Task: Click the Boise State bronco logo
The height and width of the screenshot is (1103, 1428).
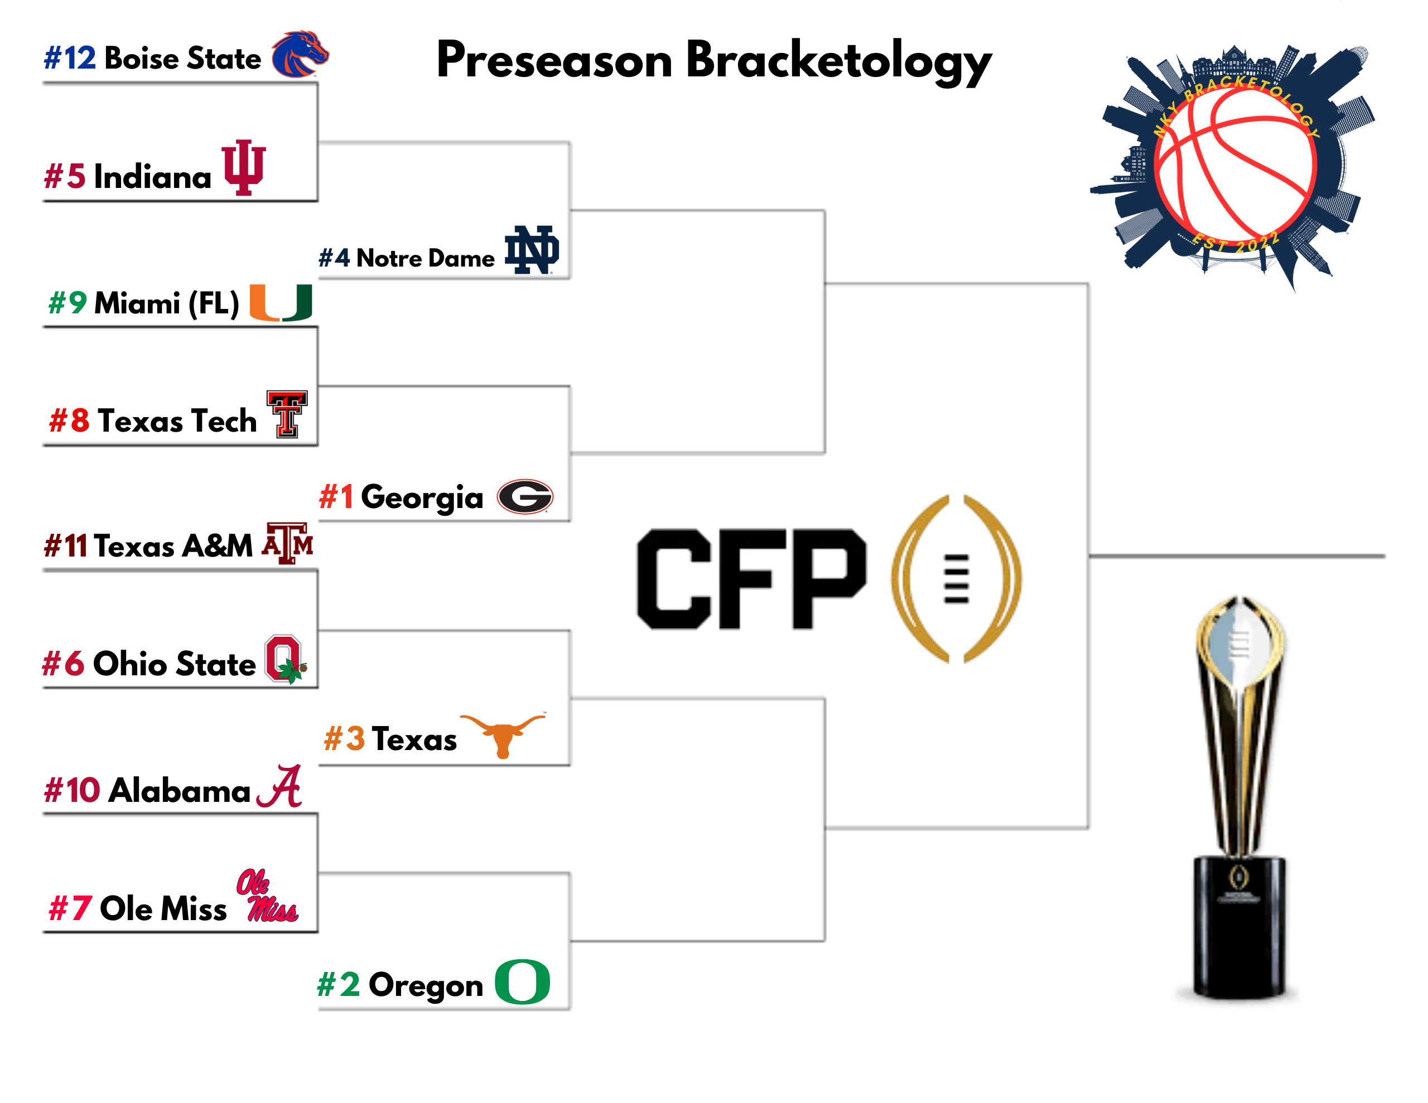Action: click(300, 54)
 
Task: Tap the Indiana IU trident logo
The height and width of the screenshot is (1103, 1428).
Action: click(244, 167)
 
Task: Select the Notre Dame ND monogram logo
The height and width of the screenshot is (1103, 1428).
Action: click(532, 250)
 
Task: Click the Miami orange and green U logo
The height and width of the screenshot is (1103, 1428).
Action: click(281, 303)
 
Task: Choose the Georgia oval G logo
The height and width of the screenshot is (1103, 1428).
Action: click(525, 497)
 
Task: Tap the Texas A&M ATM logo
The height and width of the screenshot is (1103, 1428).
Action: click(288, 543)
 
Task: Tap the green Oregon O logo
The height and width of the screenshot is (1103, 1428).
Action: click(523, 981)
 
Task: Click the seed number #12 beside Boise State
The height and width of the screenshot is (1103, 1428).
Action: click(70, 58)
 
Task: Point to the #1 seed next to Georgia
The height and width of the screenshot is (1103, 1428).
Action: click(336, 497)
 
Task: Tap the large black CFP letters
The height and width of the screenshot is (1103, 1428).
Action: click(752, 579)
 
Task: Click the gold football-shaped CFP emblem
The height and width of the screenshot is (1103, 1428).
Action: click(956, 579)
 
